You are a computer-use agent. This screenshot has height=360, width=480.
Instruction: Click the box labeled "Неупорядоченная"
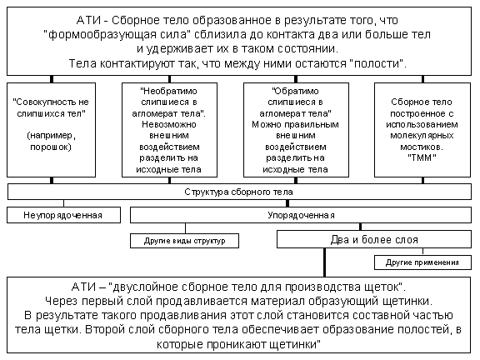pyautogui.click(x=63, y=215)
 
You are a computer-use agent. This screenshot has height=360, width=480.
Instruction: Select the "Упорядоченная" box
pyautogui.click(x=301, y=215)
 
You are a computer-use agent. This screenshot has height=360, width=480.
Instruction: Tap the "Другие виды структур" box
pyautogui.click(x=185, y=241)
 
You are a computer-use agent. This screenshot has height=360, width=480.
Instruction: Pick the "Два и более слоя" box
pyautogui.click(x=374, y=239)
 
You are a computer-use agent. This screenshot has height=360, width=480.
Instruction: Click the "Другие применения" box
pyautogui.click(x=422, y=262)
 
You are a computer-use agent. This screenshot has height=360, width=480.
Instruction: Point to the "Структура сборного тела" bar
pyautogui.click(x=239, y=192)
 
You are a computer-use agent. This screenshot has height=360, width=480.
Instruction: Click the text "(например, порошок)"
pyautogui.click(x=51, y=141)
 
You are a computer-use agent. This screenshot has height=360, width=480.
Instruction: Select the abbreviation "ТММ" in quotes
pyautogui.click(x=422, y=158)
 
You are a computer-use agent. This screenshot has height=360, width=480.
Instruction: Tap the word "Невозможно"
pyautogui.click(x=169, y=125)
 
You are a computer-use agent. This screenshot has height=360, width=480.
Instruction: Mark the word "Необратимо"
pyautogui.click(x=169, y=91)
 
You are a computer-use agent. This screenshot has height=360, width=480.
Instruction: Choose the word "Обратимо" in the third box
pyautogui.click(x=295, y=91)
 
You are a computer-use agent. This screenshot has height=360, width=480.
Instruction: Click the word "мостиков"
pyautogui.click(x=421, y=147)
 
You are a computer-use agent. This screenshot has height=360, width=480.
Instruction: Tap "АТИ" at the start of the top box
pyautogui.click(x=88, y=20)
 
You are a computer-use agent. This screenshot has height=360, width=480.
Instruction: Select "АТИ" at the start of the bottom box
pyautogui.click(x=83, y=287)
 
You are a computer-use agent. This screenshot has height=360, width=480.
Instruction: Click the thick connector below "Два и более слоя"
pyautogui.click(x=324, y=262)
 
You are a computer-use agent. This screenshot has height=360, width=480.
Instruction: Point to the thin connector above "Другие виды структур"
pyautogui.click(x=185, y=228)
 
